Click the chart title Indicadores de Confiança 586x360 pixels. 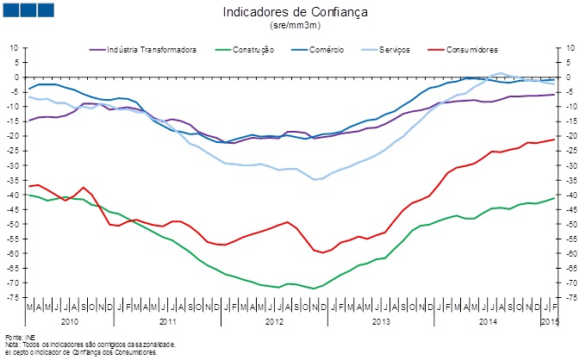pos(295,12)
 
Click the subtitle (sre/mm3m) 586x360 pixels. pos(295,27)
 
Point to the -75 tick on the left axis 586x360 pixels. pos(14,297)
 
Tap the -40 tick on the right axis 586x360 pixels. pos(566,195)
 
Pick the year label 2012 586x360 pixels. pos(274,320)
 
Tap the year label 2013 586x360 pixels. pos(380,320)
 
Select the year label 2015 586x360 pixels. pos(547,320)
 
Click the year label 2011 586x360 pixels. pos(168,320)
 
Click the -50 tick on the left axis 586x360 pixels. pos(14,224)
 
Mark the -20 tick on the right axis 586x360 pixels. pos(566,136)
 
